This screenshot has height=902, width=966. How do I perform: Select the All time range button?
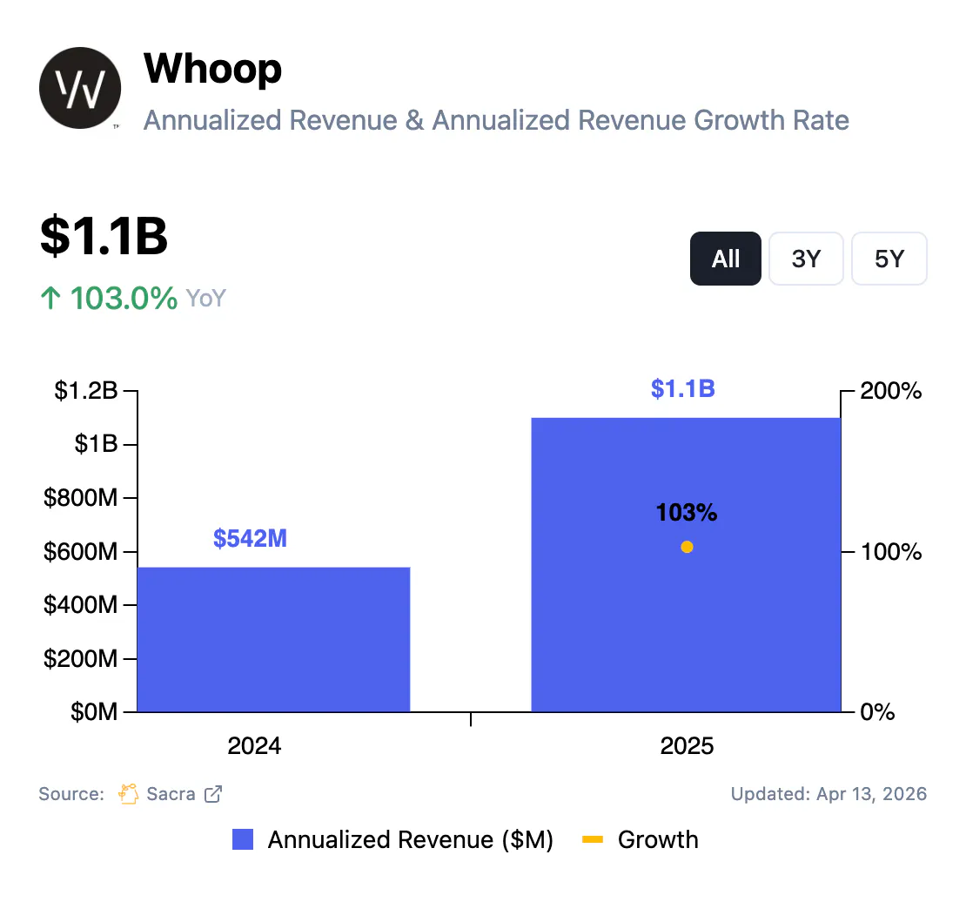725,259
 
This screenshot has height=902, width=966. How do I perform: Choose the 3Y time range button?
806,259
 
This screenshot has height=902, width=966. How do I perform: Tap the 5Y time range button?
889,259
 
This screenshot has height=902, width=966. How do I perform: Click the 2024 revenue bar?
273,640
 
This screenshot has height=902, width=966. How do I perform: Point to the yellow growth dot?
687,547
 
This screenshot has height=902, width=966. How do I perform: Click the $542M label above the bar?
250,539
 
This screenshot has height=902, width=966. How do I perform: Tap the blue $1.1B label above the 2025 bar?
682,388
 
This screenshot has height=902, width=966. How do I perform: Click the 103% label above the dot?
686,513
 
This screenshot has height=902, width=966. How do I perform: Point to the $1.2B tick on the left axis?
85,392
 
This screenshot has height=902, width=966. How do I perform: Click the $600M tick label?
80,552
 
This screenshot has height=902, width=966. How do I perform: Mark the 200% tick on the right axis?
890,392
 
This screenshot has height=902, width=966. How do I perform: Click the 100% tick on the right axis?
890,552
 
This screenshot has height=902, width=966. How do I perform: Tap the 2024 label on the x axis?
254,746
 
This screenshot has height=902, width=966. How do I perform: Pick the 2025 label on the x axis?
687,746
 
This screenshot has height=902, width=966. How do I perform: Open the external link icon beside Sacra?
213,794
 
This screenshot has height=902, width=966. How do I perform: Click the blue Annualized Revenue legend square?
243,840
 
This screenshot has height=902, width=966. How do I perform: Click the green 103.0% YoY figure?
123,299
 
